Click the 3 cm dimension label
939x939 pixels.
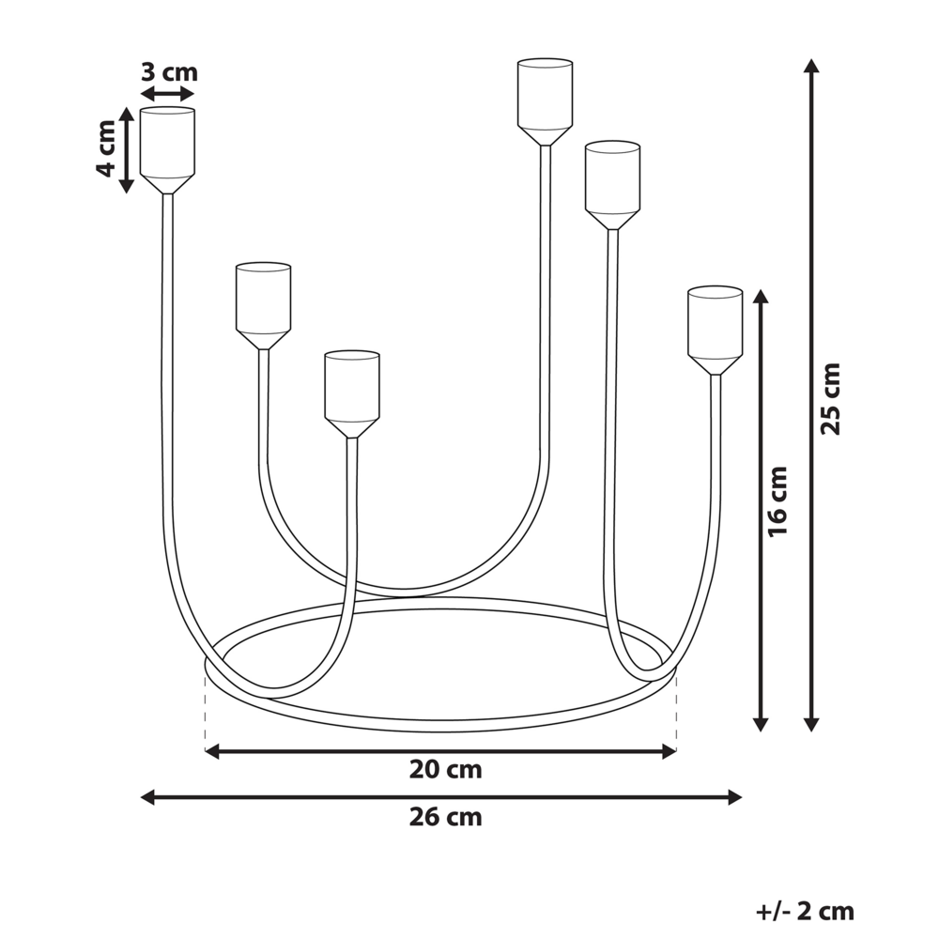click(169, 71)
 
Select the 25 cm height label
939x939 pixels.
click(831, 398)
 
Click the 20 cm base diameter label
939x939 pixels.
click(445, 770)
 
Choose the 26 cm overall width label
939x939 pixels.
click(445, 817)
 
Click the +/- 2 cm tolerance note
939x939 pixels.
click(805, 910)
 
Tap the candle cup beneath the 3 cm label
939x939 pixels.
click(167, 146)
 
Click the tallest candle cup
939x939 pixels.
click(545, 97)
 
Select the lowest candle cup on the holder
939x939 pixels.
click(352, 390)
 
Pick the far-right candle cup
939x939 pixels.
click(715, 325)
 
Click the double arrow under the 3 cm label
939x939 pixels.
click(167, 93)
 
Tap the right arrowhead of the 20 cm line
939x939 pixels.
click(670, 751)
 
